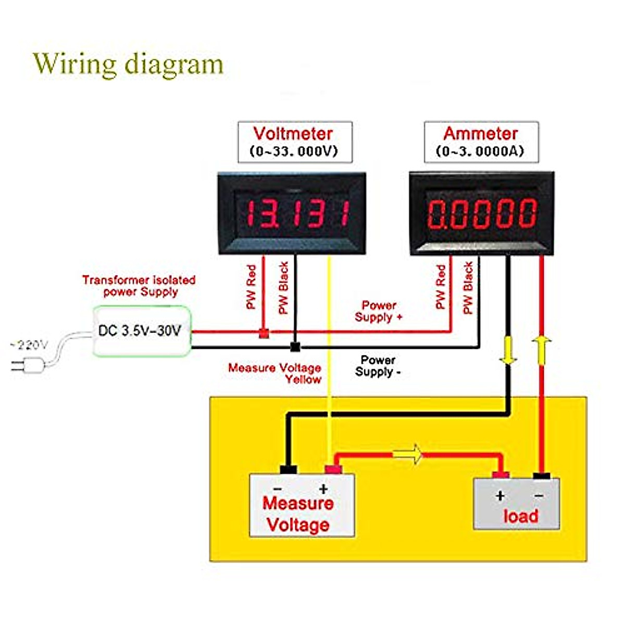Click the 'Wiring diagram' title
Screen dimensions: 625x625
128,64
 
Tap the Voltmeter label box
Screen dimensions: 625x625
295,142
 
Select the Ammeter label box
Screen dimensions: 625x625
481,142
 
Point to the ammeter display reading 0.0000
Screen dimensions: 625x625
482,213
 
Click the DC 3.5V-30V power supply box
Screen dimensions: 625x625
142,331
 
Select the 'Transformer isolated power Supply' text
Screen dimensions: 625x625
139,285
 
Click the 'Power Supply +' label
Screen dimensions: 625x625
379,311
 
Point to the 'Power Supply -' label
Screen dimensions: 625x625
378,366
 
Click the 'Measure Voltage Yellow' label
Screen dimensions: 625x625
275,373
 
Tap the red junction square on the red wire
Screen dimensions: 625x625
264,333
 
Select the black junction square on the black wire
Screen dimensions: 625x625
295,346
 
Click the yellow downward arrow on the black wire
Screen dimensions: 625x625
508,351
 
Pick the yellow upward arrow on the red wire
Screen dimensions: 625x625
542,349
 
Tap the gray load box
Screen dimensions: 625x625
516,505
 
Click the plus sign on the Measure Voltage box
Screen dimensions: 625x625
323,489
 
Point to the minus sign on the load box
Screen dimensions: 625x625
539,495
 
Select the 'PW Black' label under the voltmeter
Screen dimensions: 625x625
283,287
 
